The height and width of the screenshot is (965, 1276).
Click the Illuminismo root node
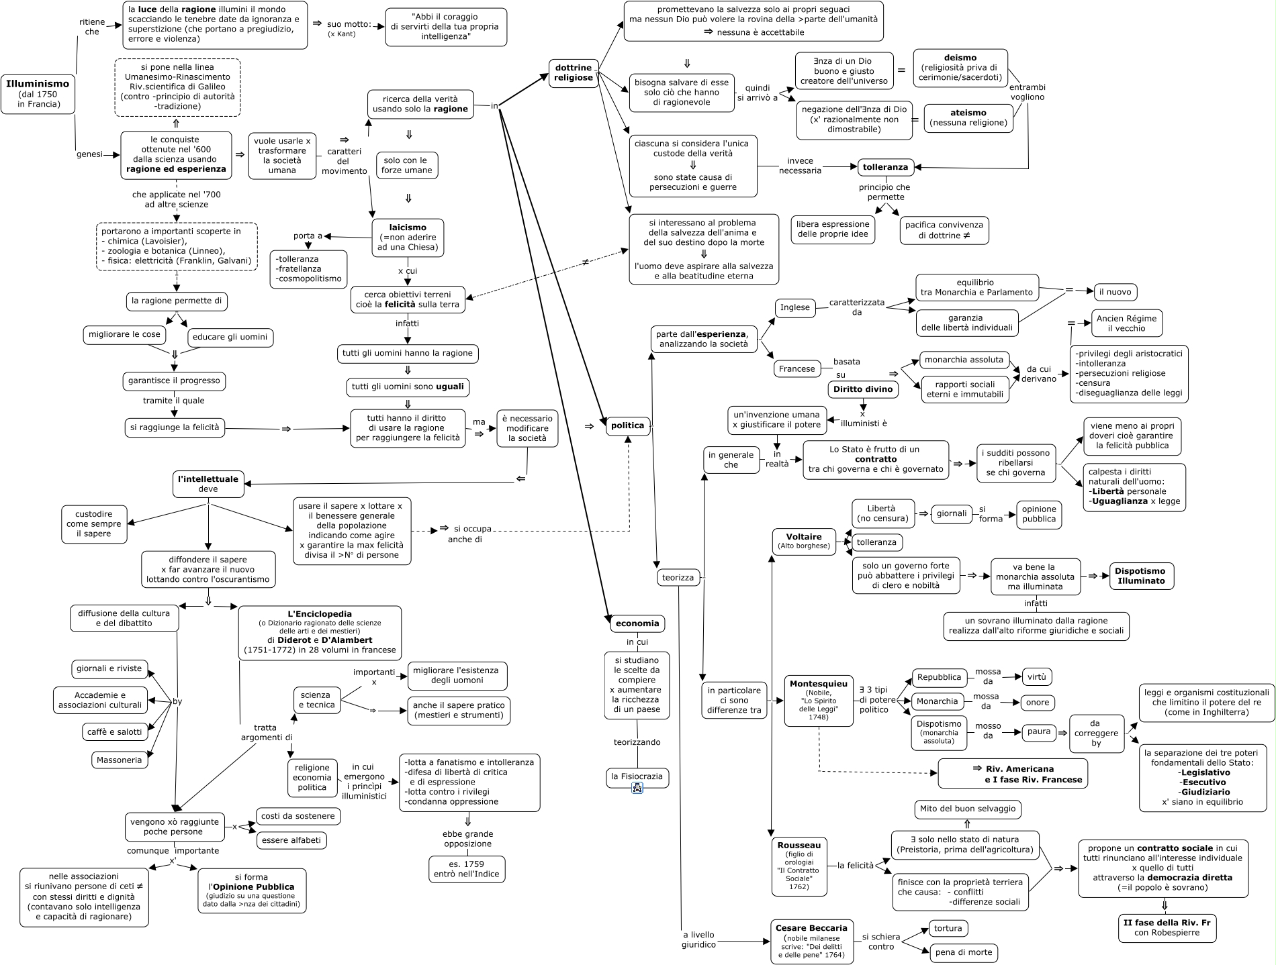(38, 94)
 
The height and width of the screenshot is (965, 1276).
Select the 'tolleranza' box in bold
(885, 167)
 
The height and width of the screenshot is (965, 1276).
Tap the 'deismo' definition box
(960, 68)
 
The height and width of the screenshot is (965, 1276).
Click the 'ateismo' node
(968, 118)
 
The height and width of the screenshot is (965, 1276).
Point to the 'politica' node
(628, 425)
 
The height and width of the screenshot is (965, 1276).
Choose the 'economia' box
(637, 624)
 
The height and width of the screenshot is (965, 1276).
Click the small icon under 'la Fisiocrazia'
(637, 789)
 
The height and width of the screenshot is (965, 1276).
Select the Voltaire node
(804, 542)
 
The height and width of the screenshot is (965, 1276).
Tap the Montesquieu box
(819, 701)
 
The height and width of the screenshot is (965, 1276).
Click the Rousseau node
(799, 866)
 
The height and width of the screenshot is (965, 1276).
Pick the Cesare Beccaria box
(812, 942)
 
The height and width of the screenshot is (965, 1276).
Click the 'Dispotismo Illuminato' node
(1142, 576)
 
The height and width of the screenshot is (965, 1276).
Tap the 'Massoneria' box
(120, 760)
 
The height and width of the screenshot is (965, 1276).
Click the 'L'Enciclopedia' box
(320, 633)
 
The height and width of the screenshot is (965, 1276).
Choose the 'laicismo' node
(408, 238)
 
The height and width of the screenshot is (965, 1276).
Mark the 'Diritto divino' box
(863, 389)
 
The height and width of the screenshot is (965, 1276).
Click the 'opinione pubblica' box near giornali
(1039, 515)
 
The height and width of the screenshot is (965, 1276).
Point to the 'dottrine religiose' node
(574, 73)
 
